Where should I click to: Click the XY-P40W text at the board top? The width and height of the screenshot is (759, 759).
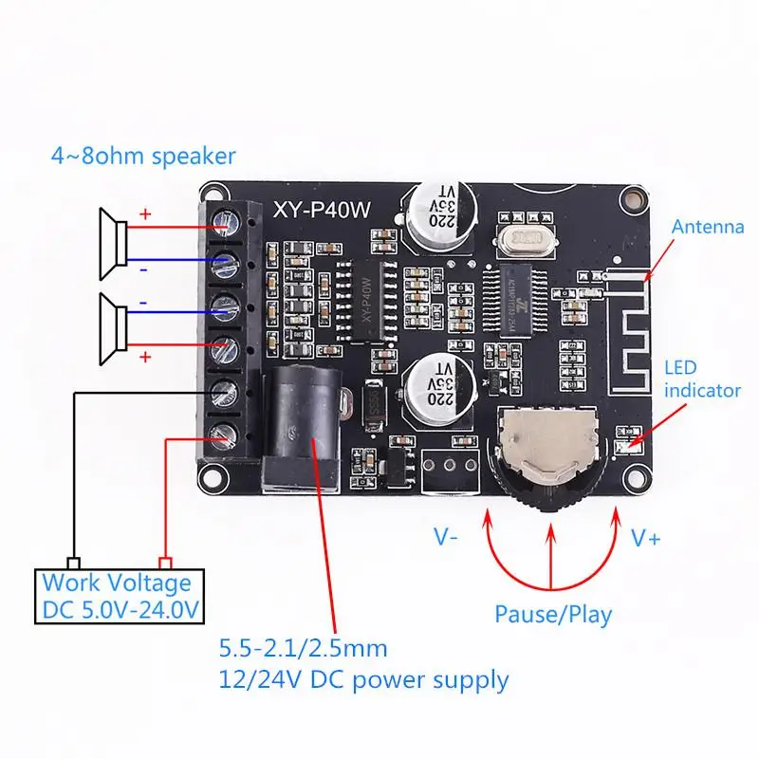point(317,211)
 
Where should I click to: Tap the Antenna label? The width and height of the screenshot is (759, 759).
point(708,227)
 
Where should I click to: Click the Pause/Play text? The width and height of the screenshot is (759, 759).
point(553,613)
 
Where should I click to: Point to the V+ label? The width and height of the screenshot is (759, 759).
point(646,538)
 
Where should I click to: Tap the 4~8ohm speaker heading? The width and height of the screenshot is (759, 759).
point(143,155)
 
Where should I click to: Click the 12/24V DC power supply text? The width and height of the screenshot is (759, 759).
point(363,680)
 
